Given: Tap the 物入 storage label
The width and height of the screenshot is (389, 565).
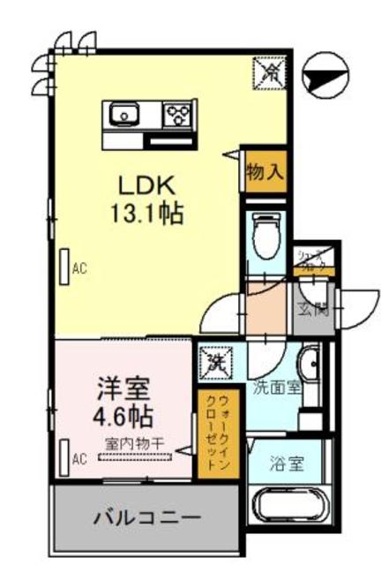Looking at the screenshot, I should tap(265, 170).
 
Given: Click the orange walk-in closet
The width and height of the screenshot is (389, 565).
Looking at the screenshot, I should tap(214, 433).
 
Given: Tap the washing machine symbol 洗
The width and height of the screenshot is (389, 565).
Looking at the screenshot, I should tap(217, 363).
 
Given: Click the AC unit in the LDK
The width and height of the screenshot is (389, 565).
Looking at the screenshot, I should tap(64, 267).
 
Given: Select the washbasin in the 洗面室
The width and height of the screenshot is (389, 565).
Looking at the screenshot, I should tap(308, 364).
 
